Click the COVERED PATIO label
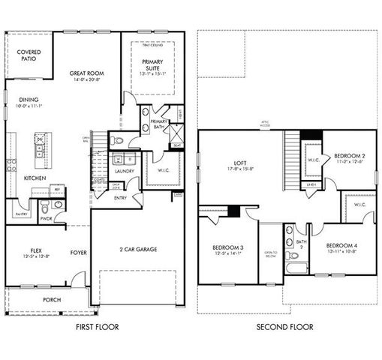(x=29, y=55)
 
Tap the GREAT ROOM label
(x=86, y=73)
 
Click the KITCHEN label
(x=35, y=178)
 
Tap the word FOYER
(x=80, y=253)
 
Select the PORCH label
(x=52, y=299)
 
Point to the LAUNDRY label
(x=124, y=171)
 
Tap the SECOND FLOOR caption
(x=285, y=328)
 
